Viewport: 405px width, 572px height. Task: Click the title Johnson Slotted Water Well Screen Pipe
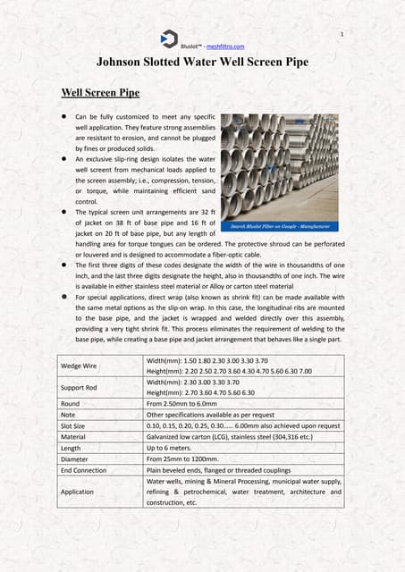(202, 62)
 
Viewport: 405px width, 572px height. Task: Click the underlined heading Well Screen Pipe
(98, 92)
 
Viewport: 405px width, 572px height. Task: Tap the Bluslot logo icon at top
(169, 38)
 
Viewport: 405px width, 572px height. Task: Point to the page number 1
(342, 33)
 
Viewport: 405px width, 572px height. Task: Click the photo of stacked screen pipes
(279, 170)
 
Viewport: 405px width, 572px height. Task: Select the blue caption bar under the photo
(279, 226)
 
